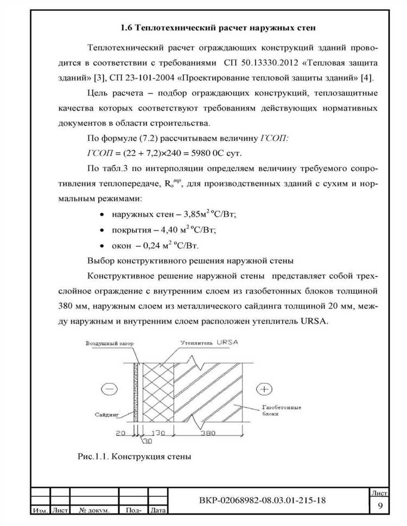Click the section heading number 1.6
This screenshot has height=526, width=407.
pyautogui.click(x=126, y=27)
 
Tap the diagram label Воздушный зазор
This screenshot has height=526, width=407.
pyautogui.click(x=109, y=344)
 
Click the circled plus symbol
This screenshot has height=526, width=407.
pyautogui.click(x=265, y=389)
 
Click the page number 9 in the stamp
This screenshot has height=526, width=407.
pyautogui.click(x=380, y=505)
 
